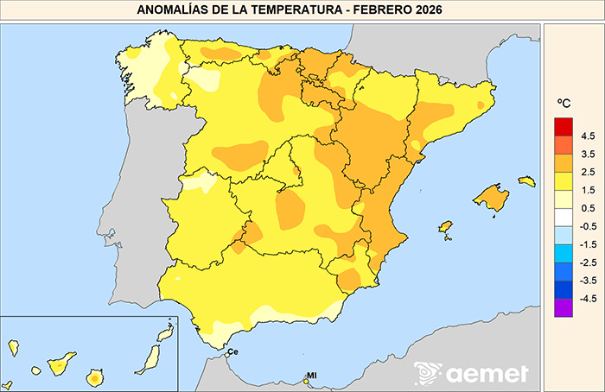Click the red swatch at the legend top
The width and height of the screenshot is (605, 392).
pos(564,126)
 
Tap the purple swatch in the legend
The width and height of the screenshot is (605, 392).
pos(564,307)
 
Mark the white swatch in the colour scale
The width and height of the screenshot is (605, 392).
pos(564,217)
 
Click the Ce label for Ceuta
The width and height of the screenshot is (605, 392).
pos(232,351)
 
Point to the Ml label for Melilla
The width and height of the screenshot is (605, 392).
pos(312,376)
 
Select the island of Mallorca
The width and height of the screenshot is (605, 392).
pos(492,198)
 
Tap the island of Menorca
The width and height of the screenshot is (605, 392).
pos(526,181)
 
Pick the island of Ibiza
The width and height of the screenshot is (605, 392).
pos(446,227)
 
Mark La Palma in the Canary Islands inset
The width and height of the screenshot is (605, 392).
pos(13,347)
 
